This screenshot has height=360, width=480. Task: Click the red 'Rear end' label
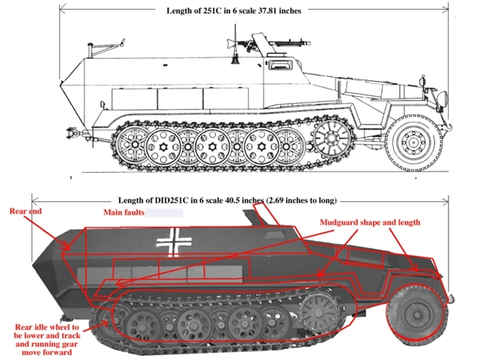tap(25, 211)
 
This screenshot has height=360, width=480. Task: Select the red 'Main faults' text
tap(124, 213)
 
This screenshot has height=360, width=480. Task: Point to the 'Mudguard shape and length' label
tap(370, 222)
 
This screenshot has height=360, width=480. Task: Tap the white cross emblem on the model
tap(174, 242)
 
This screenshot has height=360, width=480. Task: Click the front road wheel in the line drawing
tap(413, 142)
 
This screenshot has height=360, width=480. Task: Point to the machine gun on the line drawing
tap(269, 42)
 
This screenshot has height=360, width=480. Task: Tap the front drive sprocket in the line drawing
tap(331, 137)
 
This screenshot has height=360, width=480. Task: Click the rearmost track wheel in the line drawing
tap(134, 144)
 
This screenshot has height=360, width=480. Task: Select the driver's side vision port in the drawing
tap(279, 64)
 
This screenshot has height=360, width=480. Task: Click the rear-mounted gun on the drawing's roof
tap(106, 47)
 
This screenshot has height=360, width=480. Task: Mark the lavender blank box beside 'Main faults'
tap(164, 213)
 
